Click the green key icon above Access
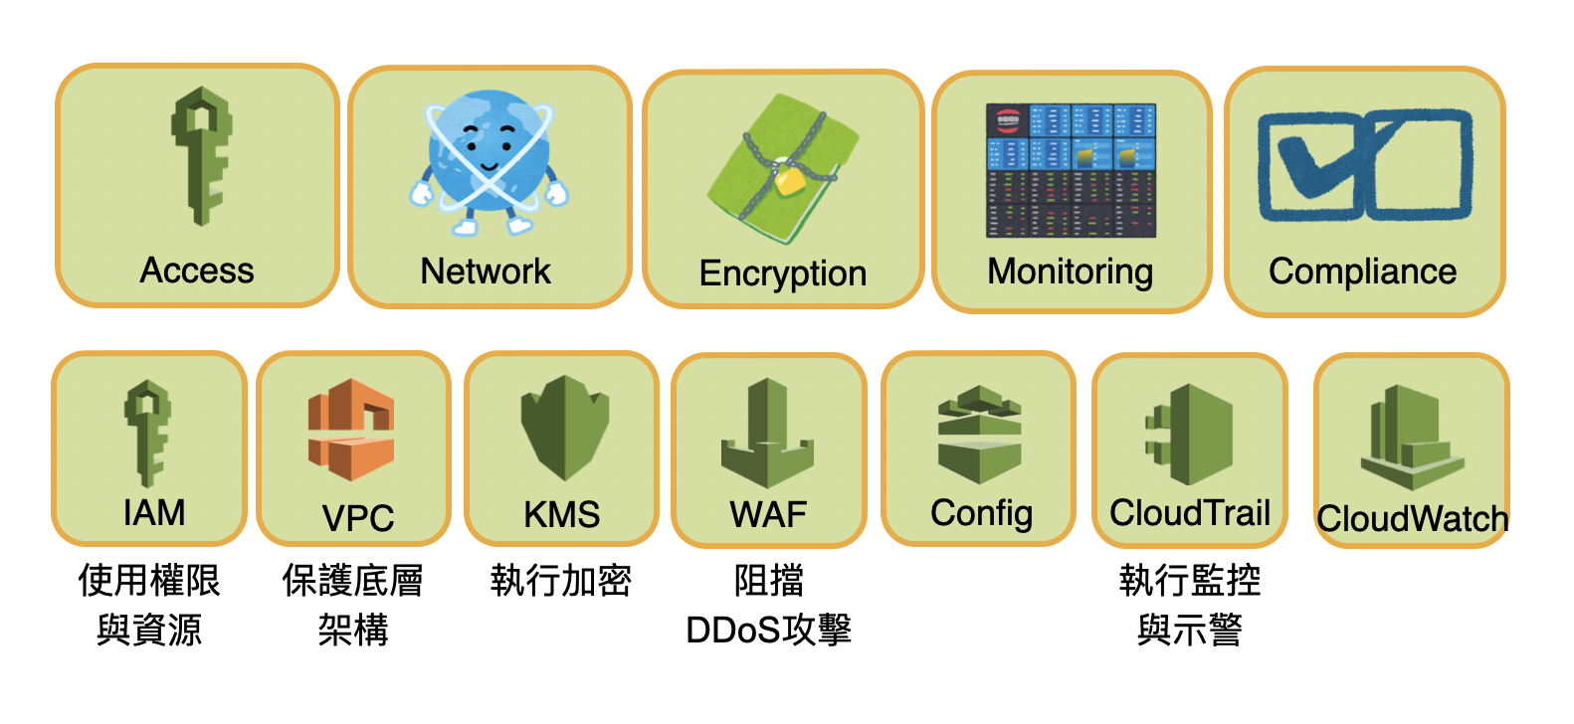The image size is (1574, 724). point(202,156)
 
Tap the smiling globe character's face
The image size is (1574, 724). point(490,149)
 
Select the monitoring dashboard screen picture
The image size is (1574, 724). point(1071,170)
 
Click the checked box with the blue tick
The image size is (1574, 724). point(1311,166)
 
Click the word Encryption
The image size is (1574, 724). point(783,273)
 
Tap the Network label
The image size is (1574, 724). point(486,271)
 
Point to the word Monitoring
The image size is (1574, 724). point(1071,272)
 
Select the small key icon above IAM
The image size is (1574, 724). point(147,433)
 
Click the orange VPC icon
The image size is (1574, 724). point(351,430)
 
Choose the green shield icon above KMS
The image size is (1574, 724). point(565,428)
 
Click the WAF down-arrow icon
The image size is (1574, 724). point(767,433)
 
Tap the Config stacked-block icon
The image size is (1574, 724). point(980,435)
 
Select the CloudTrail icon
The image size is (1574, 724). point(1189,435)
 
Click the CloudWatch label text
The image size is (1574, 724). point(1413,519)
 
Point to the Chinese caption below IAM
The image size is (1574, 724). point(149,605)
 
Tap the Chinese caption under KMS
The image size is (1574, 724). point(561,581)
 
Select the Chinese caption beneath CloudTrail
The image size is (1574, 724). point(1190,605)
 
